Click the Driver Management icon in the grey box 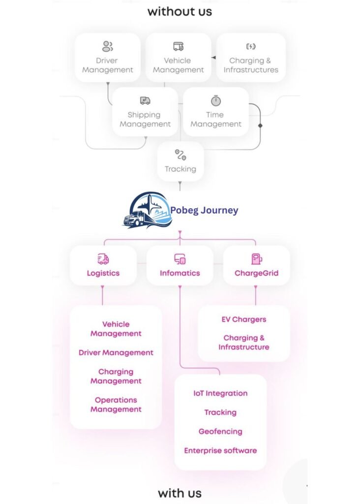coord(107,47)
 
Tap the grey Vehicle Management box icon coord(178,47)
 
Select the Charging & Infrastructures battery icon coord(251,47)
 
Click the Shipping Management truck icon coord(145,101)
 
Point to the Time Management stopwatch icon coord(216,101)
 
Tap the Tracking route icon coord(180,155)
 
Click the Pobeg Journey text coord(204,210)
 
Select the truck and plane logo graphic coord(146,211)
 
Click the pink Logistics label coord(103,273)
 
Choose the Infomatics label coord(180,273)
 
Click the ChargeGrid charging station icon coord(256,259)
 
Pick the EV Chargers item coord(244,319)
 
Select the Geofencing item coord(220,432)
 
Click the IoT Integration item coord(220,393)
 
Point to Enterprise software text coord(220,450)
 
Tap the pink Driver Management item coord(116,352)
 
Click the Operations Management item coord(116,405)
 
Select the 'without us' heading coord(180,11)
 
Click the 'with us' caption coord(180,493)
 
